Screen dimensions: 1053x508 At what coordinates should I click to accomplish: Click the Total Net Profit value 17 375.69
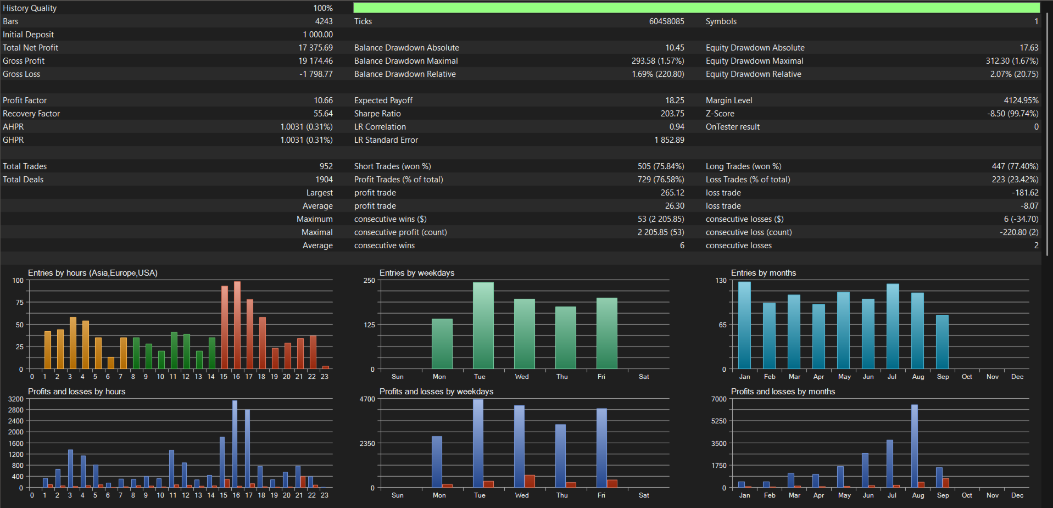point(315,48)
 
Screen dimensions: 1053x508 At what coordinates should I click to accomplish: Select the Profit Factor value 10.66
point(323,101)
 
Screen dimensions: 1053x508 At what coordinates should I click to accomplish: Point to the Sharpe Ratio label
point(377,114)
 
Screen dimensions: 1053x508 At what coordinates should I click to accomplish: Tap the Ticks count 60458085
point(666,21)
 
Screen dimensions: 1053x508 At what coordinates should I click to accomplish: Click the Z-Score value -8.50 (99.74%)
point(1012,114)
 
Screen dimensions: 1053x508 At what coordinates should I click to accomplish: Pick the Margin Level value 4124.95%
point(1021,101)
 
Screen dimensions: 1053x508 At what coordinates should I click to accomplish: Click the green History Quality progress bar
point(697,8)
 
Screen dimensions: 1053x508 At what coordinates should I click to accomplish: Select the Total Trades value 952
point(326,166)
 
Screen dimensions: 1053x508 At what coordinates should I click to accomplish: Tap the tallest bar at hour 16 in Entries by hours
point(237,325)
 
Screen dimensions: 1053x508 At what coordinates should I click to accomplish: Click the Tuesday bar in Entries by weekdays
point(483,326)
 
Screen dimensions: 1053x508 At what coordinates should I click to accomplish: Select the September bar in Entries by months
point(943,342)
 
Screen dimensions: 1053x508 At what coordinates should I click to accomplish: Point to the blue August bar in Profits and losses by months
point(915,446)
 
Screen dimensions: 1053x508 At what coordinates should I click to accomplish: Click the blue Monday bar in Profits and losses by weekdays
point(437,462)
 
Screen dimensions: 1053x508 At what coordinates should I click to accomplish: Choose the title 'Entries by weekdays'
point(417,273)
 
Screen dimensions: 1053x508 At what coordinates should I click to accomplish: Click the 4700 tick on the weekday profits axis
point(367,399)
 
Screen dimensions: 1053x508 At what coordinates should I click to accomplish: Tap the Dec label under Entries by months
point(1017,377)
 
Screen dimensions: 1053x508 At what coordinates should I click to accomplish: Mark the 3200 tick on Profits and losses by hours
point(16,399)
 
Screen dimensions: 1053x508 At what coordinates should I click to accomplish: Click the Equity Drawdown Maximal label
point(755,61)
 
